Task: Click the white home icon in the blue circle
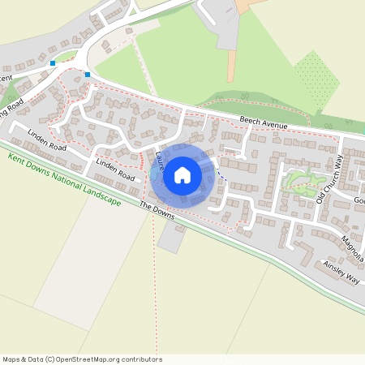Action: [x=182, y=175]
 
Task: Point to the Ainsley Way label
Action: [x=341, y=272]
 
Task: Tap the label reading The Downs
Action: [x=157, y=208]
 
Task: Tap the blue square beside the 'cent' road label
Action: [x=53, y=62]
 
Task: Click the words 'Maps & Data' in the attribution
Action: [x=22, y=359]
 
